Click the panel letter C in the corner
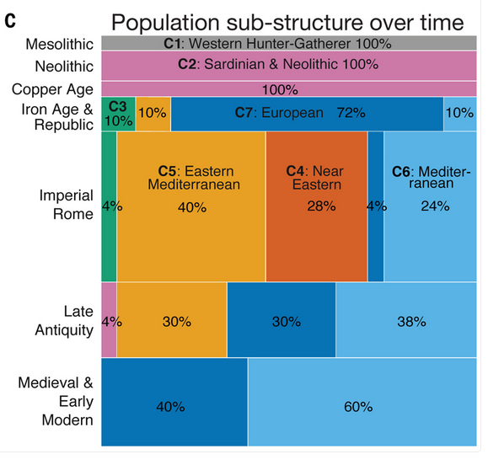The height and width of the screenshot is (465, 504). [x=10, y=21]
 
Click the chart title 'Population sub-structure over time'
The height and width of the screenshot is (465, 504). [x=287, y=22]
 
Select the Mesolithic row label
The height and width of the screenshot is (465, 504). [x=60, y=44]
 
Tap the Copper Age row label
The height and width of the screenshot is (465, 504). [x=52, y=89]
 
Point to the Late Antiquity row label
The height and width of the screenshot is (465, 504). [x=64, y=321]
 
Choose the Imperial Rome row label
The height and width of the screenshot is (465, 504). [x=67, y=205]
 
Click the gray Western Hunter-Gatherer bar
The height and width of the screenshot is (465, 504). [x=289, y=43]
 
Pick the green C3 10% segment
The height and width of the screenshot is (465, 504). [x=118, y=114]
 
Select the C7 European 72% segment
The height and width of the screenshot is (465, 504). [x=307, y=114]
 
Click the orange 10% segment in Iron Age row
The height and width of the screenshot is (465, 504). [x=153, y=114]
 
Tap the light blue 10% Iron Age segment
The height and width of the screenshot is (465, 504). [x=460, y=114]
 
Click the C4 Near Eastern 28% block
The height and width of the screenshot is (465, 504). [x=317, y=206]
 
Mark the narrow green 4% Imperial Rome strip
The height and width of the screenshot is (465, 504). [x=109, y=206]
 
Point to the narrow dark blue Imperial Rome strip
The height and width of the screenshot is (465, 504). [x=376, y=206]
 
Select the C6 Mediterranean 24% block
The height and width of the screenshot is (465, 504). [x=431, y=206]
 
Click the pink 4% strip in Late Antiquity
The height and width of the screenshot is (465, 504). [x=109, y=320]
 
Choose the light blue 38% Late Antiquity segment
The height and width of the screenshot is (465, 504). [x=406, y=320]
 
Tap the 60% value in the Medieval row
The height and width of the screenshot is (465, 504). [x=358, y=407]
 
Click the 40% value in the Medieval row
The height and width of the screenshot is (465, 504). [x=170, y=407]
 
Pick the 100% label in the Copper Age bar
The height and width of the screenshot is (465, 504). [x=280, y=90]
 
